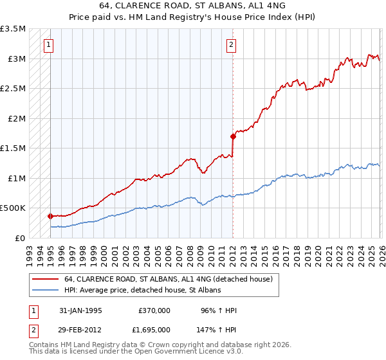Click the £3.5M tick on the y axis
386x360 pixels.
click(x=13, y=30)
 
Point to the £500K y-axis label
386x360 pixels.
click(x=13, y=208)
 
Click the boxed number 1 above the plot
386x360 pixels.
click(x=50, y=45)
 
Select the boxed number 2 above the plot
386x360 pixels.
click(x=232, y=45)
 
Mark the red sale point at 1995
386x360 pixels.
click(x=50, y=216)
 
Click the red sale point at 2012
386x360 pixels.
click(x=232, y=136)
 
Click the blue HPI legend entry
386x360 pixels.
click(x=142, y=290)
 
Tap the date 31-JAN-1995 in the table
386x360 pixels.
click(x=80, y=310)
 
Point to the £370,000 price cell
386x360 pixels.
click(x=154, y=310)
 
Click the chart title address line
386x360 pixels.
click(x=192, y=5)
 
